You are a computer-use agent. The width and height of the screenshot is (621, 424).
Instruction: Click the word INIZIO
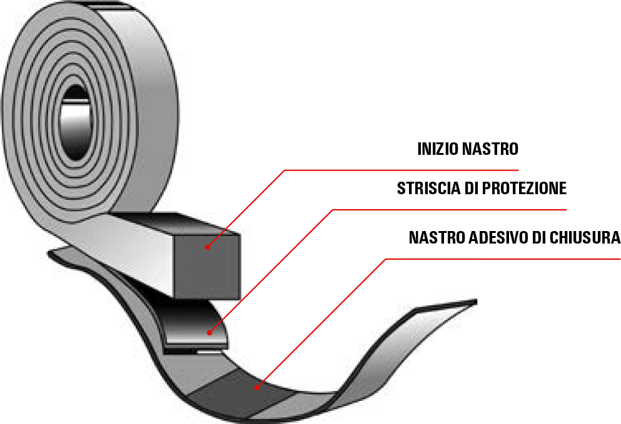(x=437, y=149)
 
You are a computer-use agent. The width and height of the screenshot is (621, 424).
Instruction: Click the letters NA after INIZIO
(x=470, y=149)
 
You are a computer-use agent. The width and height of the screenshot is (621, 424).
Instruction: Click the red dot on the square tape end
(x=208, y=247)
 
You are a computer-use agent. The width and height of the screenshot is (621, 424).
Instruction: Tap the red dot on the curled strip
(x=210, y=332)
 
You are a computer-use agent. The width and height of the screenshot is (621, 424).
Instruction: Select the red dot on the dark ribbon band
(x=256, y=388)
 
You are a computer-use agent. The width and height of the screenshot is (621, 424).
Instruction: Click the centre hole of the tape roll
(x=76, y=122)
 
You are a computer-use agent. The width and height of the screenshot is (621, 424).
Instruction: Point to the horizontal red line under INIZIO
(x=400, y=170)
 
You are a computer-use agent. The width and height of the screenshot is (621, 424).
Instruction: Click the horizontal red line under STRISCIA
(x=450, y=210)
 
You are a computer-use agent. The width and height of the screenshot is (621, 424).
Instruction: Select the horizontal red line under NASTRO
(x=500, y=259)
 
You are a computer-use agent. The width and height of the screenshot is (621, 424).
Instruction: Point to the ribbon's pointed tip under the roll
(x=53, y=252)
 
